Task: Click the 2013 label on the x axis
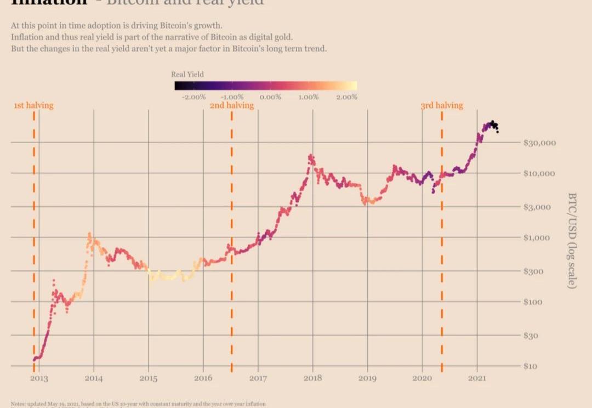[x=39, y=378]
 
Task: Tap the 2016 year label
[x=203, y=378]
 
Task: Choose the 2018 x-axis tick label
[x=313, y=378]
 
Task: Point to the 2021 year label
[x=477, y=378]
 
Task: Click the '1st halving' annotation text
[x=33, y=105]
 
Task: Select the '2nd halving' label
[x=232, y=105]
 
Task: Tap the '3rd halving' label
[x=442, y=105]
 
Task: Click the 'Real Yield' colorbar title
[x=187, y=75]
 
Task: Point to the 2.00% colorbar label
[x=346, y=97]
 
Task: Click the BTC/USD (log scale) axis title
[x=572, y=240]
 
